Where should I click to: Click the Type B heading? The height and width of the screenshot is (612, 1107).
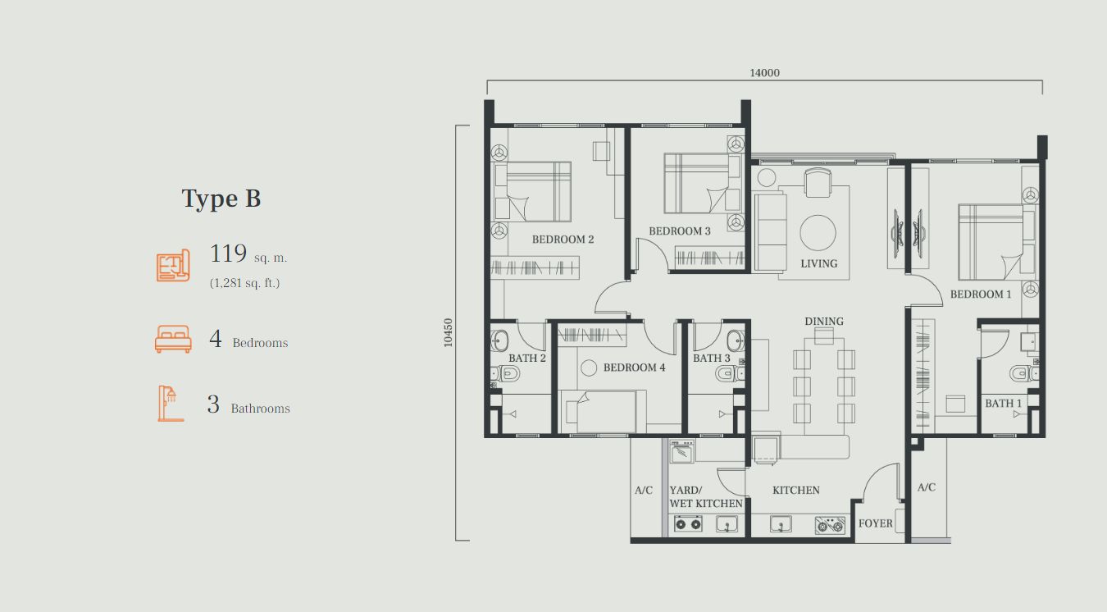click(x=221, y=199)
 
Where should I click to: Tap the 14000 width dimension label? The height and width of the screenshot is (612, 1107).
click(x=764, y=73)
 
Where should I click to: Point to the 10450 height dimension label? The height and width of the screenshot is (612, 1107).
click(x=448, y=333)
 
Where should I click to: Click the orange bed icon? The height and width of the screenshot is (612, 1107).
click(x=173, y=339)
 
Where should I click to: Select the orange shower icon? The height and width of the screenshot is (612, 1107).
click(x=171, y=404)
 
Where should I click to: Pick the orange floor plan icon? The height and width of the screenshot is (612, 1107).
click(x=174, y=266)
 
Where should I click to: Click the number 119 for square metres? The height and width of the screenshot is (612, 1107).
click(x=228, y=253)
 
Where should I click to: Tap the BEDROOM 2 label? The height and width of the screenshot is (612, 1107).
click(x=563, y=240)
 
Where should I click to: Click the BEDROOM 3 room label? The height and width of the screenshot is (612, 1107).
click(x=680, y=231)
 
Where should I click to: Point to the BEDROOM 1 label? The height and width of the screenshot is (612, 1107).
click(x=981, y=295)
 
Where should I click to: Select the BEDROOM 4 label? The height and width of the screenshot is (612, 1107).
click(x=634, y=368)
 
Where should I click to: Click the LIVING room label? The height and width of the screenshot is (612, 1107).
click(x=819, y=264)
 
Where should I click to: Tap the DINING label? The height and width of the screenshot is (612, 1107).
click(x=824, y=322)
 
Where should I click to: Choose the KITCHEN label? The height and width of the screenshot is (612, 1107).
click(x=795, y=491)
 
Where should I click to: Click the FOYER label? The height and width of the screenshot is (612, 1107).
click(x=875, y=523)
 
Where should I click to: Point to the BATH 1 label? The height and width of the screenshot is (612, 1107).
click(x=1003, y=404)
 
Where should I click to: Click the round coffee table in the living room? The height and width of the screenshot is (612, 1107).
click(x=818, y=233)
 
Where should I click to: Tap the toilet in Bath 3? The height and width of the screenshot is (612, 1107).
click(x=728, y=373)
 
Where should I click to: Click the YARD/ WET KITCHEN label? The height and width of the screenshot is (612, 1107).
click(x=706, y=497)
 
